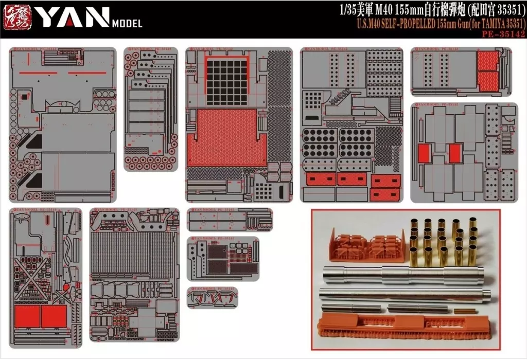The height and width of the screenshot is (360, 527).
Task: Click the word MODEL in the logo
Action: [127, 23]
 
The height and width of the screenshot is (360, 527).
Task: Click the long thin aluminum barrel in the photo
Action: [405, 295]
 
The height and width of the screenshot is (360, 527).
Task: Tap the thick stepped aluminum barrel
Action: [403, 276]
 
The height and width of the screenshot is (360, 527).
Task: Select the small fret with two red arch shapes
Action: [212, 298]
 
